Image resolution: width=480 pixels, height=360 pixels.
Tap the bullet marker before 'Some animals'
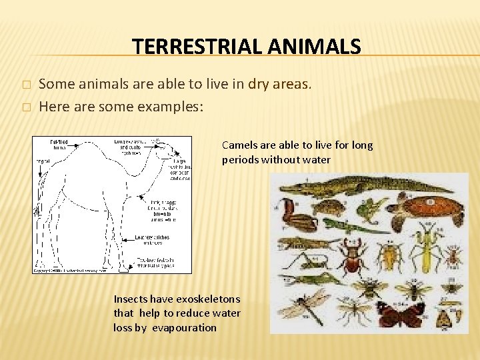[x=26, y=85]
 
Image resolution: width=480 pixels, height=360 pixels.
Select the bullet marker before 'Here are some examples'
[x=26, y=107]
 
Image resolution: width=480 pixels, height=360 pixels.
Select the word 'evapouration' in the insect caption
[x=184, y=327]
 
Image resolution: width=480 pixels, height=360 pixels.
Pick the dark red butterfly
[x=399, y=314]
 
